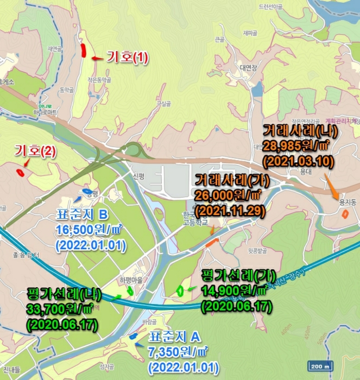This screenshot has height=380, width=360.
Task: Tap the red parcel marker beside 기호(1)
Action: [x=84, y=50]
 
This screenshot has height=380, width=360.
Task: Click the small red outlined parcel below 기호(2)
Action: [x=20, y=173]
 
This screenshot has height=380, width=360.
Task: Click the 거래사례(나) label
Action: [x=300, y=131]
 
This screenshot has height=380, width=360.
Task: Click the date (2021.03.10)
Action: [x=298, y=161]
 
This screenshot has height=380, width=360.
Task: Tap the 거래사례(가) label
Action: [x=229, y=179]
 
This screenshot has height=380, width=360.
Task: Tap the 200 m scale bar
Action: [x=320, y=365]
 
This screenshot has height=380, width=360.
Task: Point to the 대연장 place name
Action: [x=247, y=68]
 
